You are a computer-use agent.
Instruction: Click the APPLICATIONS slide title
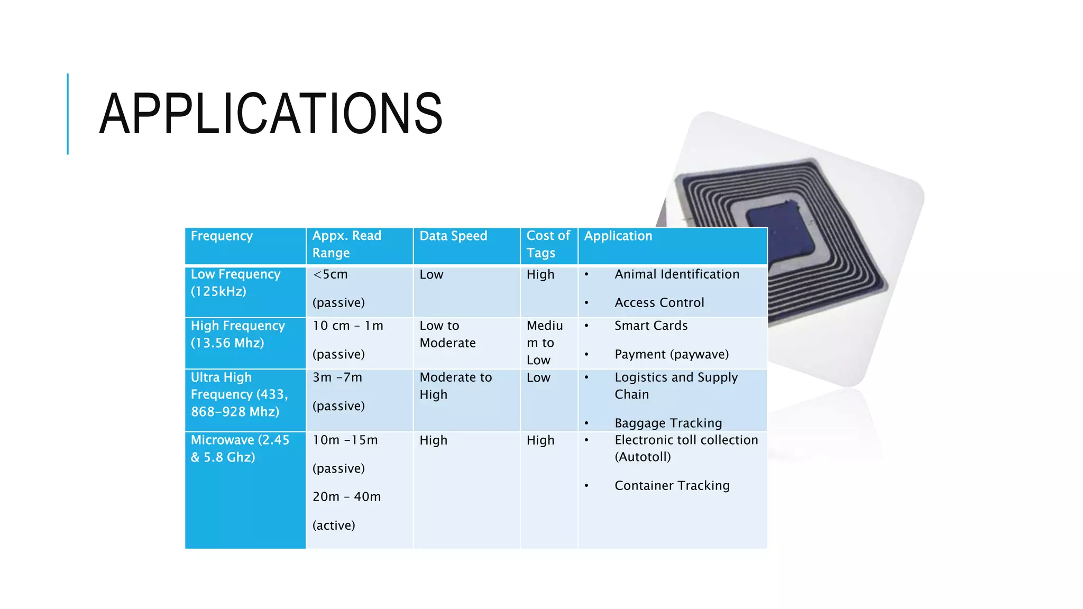point(271,114)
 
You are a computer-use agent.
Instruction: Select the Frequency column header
point(222,236)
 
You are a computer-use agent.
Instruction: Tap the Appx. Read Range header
point(346,244)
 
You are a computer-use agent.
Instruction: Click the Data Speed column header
point(453,236)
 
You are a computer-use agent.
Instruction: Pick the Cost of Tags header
point(548,244)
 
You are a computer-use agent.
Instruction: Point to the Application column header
point(618,236)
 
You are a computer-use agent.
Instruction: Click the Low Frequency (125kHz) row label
point(235,283)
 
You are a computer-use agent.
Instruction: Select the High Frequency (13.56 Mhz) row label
point(237,334)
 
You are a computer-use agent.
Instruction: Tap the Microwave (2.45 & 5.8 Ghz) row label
point(240,448)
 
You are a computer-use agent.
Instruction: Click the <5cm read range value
point(331,274)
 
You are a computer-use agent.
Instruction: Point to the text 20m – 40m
point(346,497)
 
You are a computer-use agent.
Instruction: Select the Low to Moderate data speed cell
point(447,334)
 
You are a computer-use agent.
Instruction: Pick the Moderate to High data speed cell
point(455,386)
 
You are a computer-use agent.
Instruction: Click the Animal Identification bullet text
point(677,274)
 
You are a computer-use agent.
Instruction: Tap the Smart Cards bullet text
point(651,326)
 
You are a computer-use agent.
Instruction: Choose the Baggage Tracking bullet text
point(668,423)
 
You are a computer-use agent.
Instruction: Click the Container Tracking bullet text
point(672,485)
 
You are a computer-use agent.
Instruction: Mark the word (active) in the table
point(334,525)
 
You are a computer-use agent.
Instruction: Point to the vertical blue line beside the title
point(68,114)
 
